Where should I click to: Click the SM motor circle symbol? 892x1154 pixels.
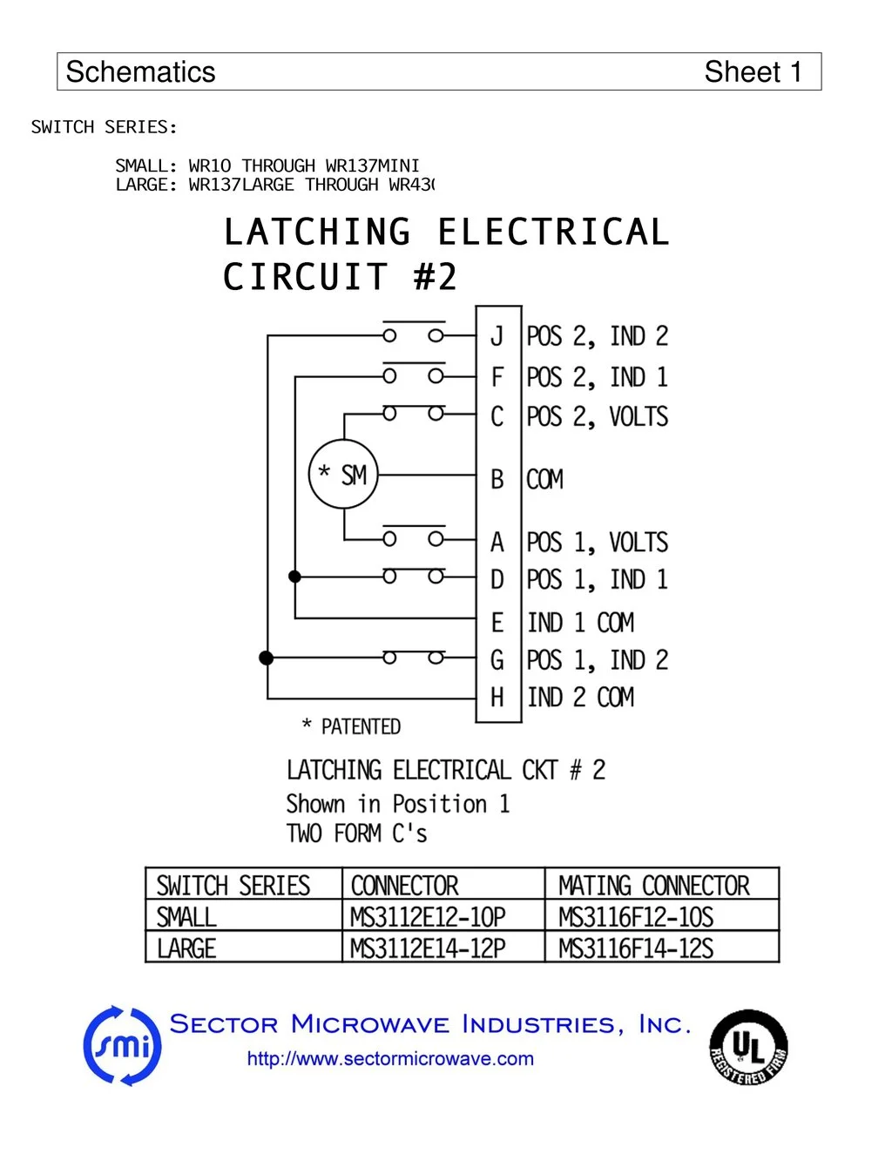[344, 476]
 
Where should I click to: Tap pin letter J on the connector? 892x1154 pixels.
[497, 336]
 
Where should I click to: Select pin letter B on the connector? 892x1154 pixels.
[497, 479]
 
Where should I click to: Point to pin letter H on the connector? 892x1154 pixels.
[497, 698]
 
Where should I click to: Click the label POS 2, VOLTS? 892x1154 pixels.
[597, 417]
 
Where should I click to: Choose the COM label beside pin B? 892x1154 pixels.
[545, 480]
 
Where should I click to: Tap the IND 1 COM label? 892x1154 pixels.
[580, 623]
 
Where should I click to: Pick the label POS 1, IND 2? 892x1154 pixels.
[597, 660]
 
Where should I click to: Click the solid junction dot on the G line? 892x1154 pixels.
[267, 658]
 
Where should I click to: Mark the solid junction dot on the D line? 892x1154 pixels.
[295, 577]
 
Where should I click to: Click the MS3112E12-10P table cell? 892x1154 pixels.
[428, 917]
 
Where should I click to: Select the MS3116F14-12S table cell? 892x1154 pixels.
[636, 948]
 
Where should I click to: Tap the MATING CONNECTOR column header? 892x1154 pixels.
[653, 886]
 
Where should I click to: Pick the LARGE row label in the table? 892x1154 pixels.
[186, 948]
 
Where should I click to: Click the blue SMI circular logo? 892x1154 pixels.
[123, 1046]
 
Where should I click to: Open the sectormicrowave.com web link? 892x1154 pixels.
[390, 1059]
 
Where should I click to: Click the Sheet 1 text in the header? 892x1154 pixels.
[753, 72]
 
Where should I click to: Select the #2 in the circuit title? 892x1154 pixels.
[435, 278]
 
